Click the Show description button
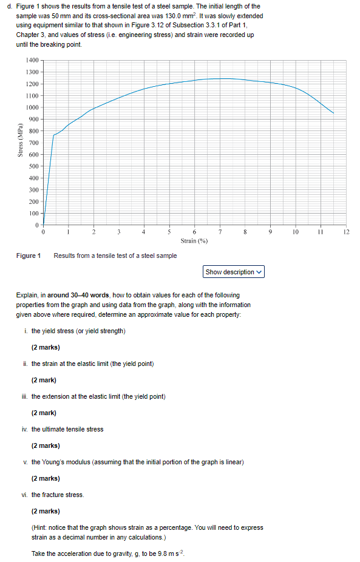(234, 272)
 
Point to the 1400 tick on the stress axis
(32, 61)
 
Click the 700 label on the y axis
(33, 143)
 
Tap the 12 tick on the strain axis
(347, 232)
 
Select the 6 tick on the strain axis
(194, 232)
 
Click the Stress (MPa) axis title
(21, 143)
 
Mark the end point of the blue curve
(333, 113)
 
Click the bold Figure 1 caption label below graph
(28, 256)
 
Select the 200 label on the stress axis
(33, 201)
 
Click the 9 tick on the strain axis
(271, 232)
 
